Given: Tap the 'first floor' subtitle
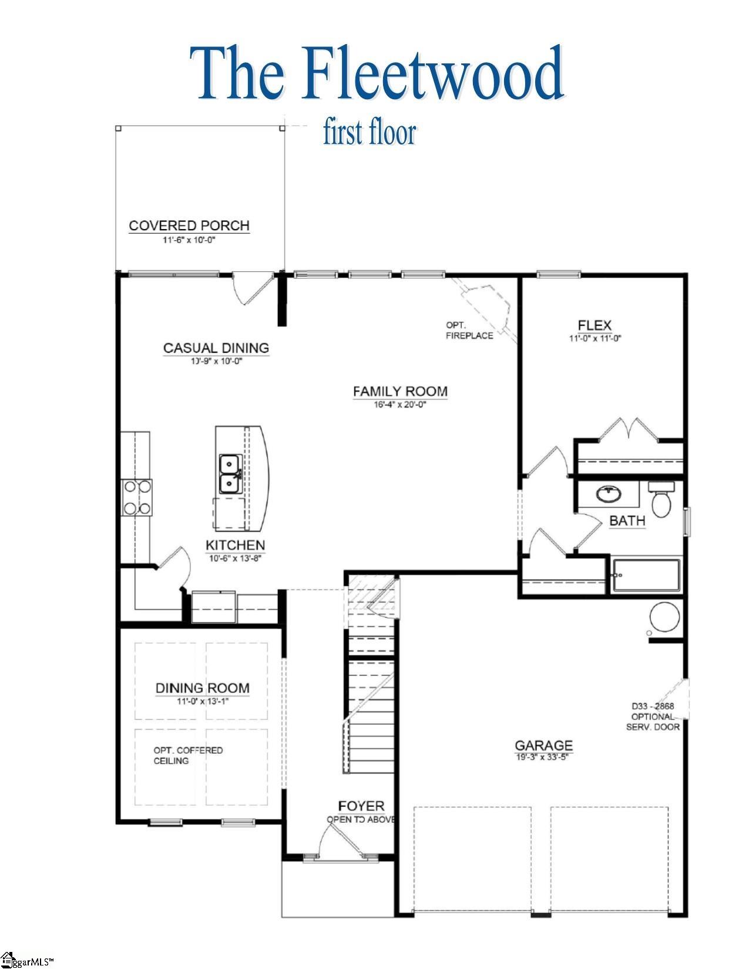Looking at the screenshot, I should coord(369,133).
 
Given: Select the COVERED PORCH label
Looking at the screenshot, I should coord(189,226).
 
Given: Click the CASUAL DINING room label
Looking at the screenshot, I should coord(216,348).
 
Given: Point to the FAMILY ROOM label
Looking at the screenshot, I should coord(400,391).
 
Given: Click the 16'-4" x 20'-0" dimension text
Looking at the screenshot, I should coord(399,404).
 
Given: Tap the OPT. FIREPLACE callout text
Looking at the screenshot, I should coord(469,330).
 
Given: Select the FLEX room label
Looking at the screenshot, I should coord(595,325).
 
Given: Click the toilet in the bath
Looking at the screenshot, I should coord(662,501).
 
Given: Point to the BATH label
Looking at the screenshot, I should coord(627,520).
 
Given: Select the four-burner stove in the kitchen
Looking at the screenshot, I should coord(136,497).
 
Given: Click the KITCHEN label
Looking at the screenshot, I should coord(235,545).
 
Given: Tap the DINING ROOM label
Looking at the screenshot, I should coord(202,688).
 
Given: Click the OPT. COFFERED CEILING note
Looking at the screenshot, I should coord(188,755).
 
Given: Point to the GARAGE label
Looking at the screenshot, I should coord(543,745).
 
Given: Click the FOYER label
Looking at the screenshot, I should coord(361,806).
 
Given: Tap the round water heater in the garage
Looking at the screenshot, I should coord(664,617).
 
